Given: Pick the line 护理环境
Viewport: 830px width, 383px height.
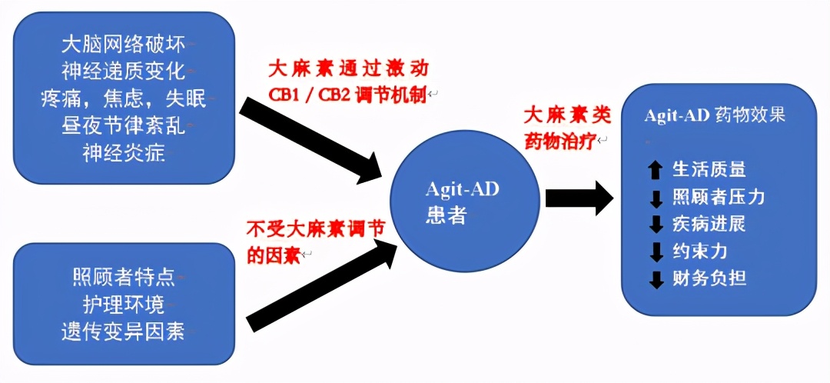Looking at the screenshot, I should tap(123, 305).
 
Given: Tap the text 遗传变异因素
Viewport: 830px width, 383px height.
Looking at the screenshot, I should tap(123, 332).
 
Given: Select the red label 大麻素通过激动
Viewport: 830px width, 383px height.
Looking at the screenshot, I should tap(347, 68).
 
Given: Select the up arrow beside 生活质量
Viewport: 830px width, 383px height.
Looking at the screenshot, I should tap(656, 169).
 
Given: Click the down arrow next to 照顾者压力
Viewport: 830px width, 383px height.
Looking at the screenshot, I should tap(656, 198).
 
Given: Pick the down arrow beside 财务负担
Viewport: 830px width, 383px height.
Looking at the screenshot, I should tap(656, 279).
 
